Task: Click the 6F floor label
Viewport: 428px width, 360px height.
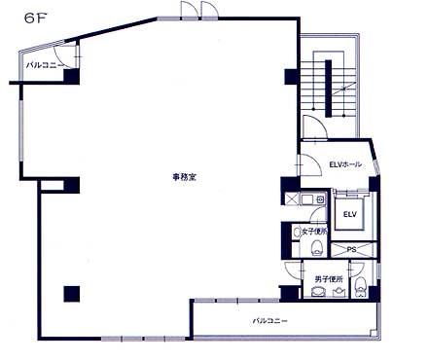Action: point(34,18)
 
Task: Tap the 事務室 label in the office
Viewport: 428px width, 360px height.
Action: point(184,177)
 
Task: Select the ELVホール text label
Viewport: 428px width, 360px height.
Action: point(345,164)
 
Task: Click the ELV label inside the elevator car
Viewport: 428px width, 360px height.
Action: point(350,214)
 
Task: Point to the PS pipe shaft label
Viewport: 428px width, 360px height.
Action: point(351,250)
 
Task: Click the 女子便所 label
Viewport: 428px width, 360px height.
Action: point(314,232)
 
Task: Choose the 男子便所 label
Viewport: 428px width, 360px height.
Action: point(329,279)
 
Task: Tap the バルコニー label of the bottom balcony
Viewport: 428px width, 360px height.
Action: point(269,321)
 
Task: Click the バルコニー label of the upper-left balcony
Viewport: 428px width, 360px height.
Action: point(44,65)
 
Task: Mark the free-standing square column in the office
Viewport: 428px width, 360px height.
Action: point(72,294)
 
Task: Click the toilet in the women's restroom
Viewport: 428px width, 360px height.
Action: point(316,248)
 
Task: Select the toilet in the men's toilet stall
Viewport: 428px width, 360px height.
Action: point(360,287)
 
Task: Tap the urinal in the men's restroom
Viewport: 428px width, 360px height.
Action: point(339,292)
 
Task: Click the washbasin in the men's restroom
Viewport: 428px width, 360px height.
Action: point(317,292)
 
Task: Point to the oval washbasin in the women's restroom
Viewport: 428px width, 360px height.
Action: point(297,233)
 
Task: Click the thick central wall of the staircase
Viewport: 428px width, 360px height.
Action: point(328,89)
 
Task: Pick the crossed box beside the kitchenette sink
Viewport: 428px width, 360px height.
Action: point(291,199)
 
